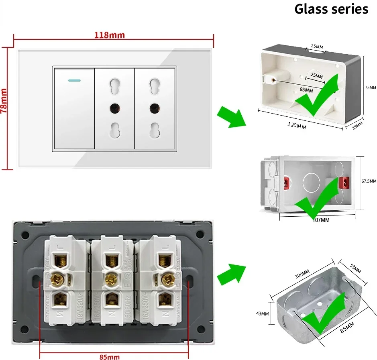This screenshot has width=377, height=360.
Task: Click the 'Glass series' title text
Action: (x=331, y=9)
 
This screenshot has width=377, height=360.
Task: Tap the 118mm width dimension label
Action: (x=109, y=35)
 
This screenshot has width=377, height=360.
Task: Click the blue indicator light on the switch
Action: (x=73, y=80)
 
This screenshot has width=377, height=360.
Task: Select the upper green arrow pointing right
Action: (x=230, y=116)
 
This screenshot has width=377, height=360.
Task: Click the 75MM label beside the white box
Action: (x=370, y=87)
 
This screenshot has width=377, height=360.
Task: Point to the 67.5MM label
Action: (x=369, y=181)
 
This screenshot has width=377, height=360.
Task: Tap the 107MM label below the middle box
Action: (x=320, y=220)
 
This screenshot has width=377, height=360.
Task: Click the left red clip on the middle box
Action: (x=287, y=183)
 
